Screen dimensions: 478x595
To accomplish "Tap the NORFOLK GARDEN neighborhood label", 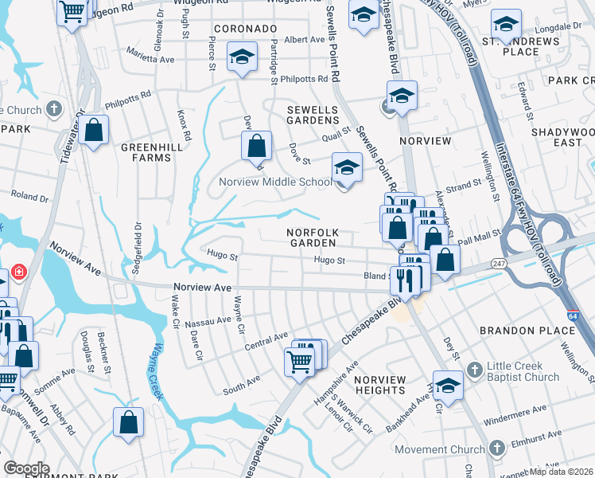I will pyautogui.click(x=313, y=237).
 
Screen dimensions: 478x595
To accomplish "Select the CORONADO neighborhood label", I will pyautogui.click(x=244, y=28).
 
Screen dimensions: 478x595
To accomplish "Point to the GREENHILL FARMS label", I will pyautogui.click(x=146, y=152).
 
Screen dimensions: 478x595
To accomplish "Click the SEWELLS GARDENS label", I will pyautogui.click(x=313, y=113).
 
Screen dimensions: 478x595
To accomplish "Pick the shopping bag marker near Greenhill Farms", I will pyautogui.click(x=94, y=131).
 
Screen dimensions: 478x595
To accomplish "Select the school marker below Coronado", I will pyautogui.click(x=241, y=57).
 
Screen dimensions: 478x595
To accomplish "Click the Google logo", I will pyautogui.click(x=26, y=468).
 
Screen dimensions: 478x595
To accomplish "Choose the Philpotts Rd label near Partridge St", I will pyautogui.click(x=311, y=79).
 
